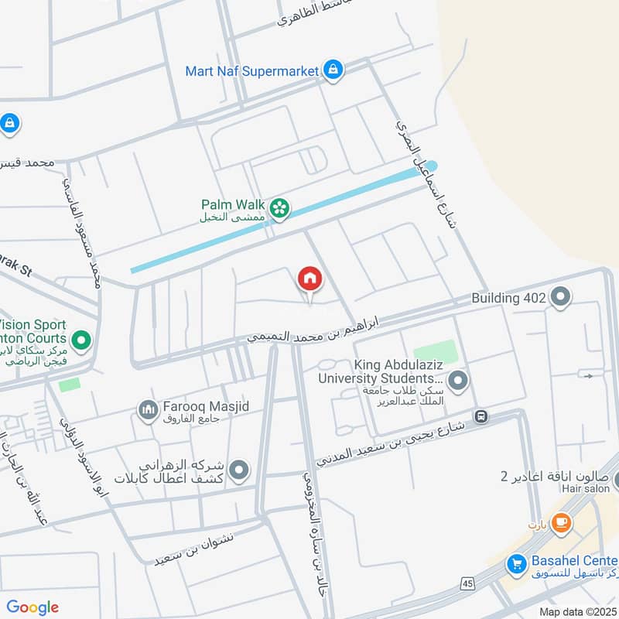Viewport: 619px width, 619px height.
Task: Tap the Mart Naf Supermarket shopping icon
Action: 333,70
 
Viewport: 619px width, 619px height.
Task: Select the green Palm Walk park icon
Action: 279,206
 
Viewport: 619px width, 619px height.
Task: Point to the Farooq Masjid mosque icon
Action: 147,409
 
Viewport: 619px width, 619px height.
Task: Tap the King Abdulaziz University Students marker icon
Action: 458,380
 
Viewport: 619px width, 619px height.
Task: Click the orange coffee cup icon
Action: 561,522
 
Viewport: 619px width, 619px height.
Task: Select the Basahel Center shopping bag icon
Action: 517,564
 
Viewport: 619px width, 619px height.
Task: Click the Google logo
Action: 32,607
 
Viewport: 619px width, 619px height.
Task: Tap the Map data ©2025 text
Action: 578,611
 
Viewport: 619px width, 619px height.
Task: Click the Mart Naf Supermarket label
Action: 252,70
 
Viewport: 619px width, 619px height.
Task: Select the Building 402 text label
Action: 510,296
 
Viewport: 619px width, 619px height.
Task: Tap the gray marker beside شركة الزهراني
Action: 239,469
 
